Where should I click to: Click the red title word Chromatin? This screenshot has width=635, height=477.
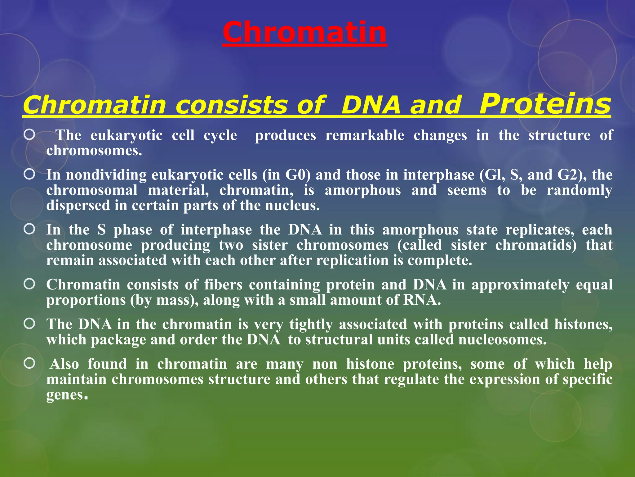(304, 32)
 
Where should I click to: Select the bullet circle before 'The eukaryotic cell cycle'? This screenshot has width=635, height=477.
(29, 134)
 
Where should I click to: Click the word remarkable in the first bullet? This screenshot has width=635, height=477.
(365, 135)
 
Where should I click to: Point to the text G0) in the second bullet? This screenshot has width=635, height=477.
(298, 175)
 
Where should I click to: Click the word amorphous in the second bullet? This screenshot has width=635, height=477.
(363, 190)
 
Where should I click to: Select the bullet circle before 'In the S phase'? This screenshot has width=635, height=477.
(29, 229)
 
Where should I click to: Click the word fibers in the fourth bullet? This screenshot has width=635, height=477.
(223, 284)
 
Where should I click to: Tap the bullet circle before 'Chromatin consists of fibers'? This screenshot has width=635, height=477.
(29, 284)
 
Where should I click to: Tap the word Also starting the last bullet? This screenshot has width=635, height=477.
(64, 364)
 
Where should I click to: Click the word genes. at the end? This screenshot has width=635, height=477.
(67, 395)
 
